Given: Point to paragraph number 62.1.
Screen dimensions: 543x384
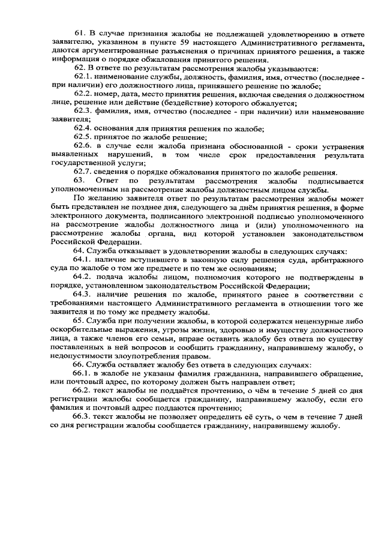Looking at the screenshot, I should [85, 79].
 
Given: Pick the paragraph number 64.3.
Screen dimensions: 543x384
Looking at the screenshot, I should [85, 295].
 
